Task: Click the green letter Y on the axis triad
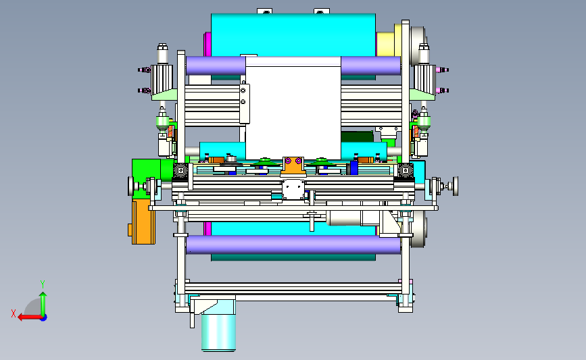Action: point(43,284)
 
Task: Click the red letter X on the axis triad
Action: point(14,313)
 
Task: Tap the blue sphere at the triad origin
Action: point(43,318)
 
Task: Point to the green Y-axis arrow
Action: point(43,304)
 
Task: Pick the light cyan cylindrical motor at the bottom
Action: point(218,332)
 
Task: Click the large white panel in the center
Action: point(293,108)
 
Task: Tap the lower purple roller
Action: point(293,245)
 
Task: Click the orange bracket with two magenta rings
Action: point(293,166)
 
